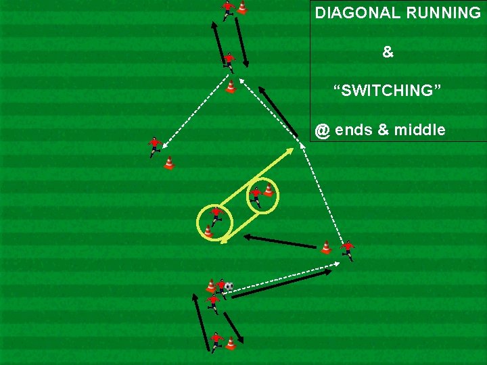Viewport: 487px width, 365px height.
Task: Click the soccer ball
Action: (229, 287)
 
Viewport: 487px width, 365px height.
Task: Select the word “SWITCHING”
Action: (388, 90)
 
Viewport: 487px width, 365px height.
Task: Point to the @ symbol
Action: (322, 130)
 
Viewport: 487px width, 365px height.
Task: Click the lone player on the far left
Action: (155, 146)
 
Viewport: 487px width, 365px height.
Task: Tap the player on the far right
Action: (348, 249)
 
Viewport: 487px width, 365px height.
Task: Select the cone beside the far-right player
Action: (326, 247)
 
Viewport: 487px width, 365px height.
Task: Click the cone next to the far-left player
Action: (169, 163)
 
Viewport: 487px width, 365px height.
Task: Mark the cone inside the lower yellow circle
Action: (208, 232)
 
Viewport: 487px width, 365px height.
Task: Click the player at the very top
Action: (227, 9)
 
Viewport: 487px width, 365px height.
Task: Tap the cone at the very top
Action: (242, 7)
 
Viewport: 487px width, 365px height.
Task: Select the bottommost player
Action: (216, 341)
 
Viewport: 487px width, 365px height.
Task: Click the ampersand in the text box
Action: (388, 52)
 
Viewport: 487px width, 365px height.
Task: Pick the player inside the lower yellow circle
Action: (216, 216)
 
